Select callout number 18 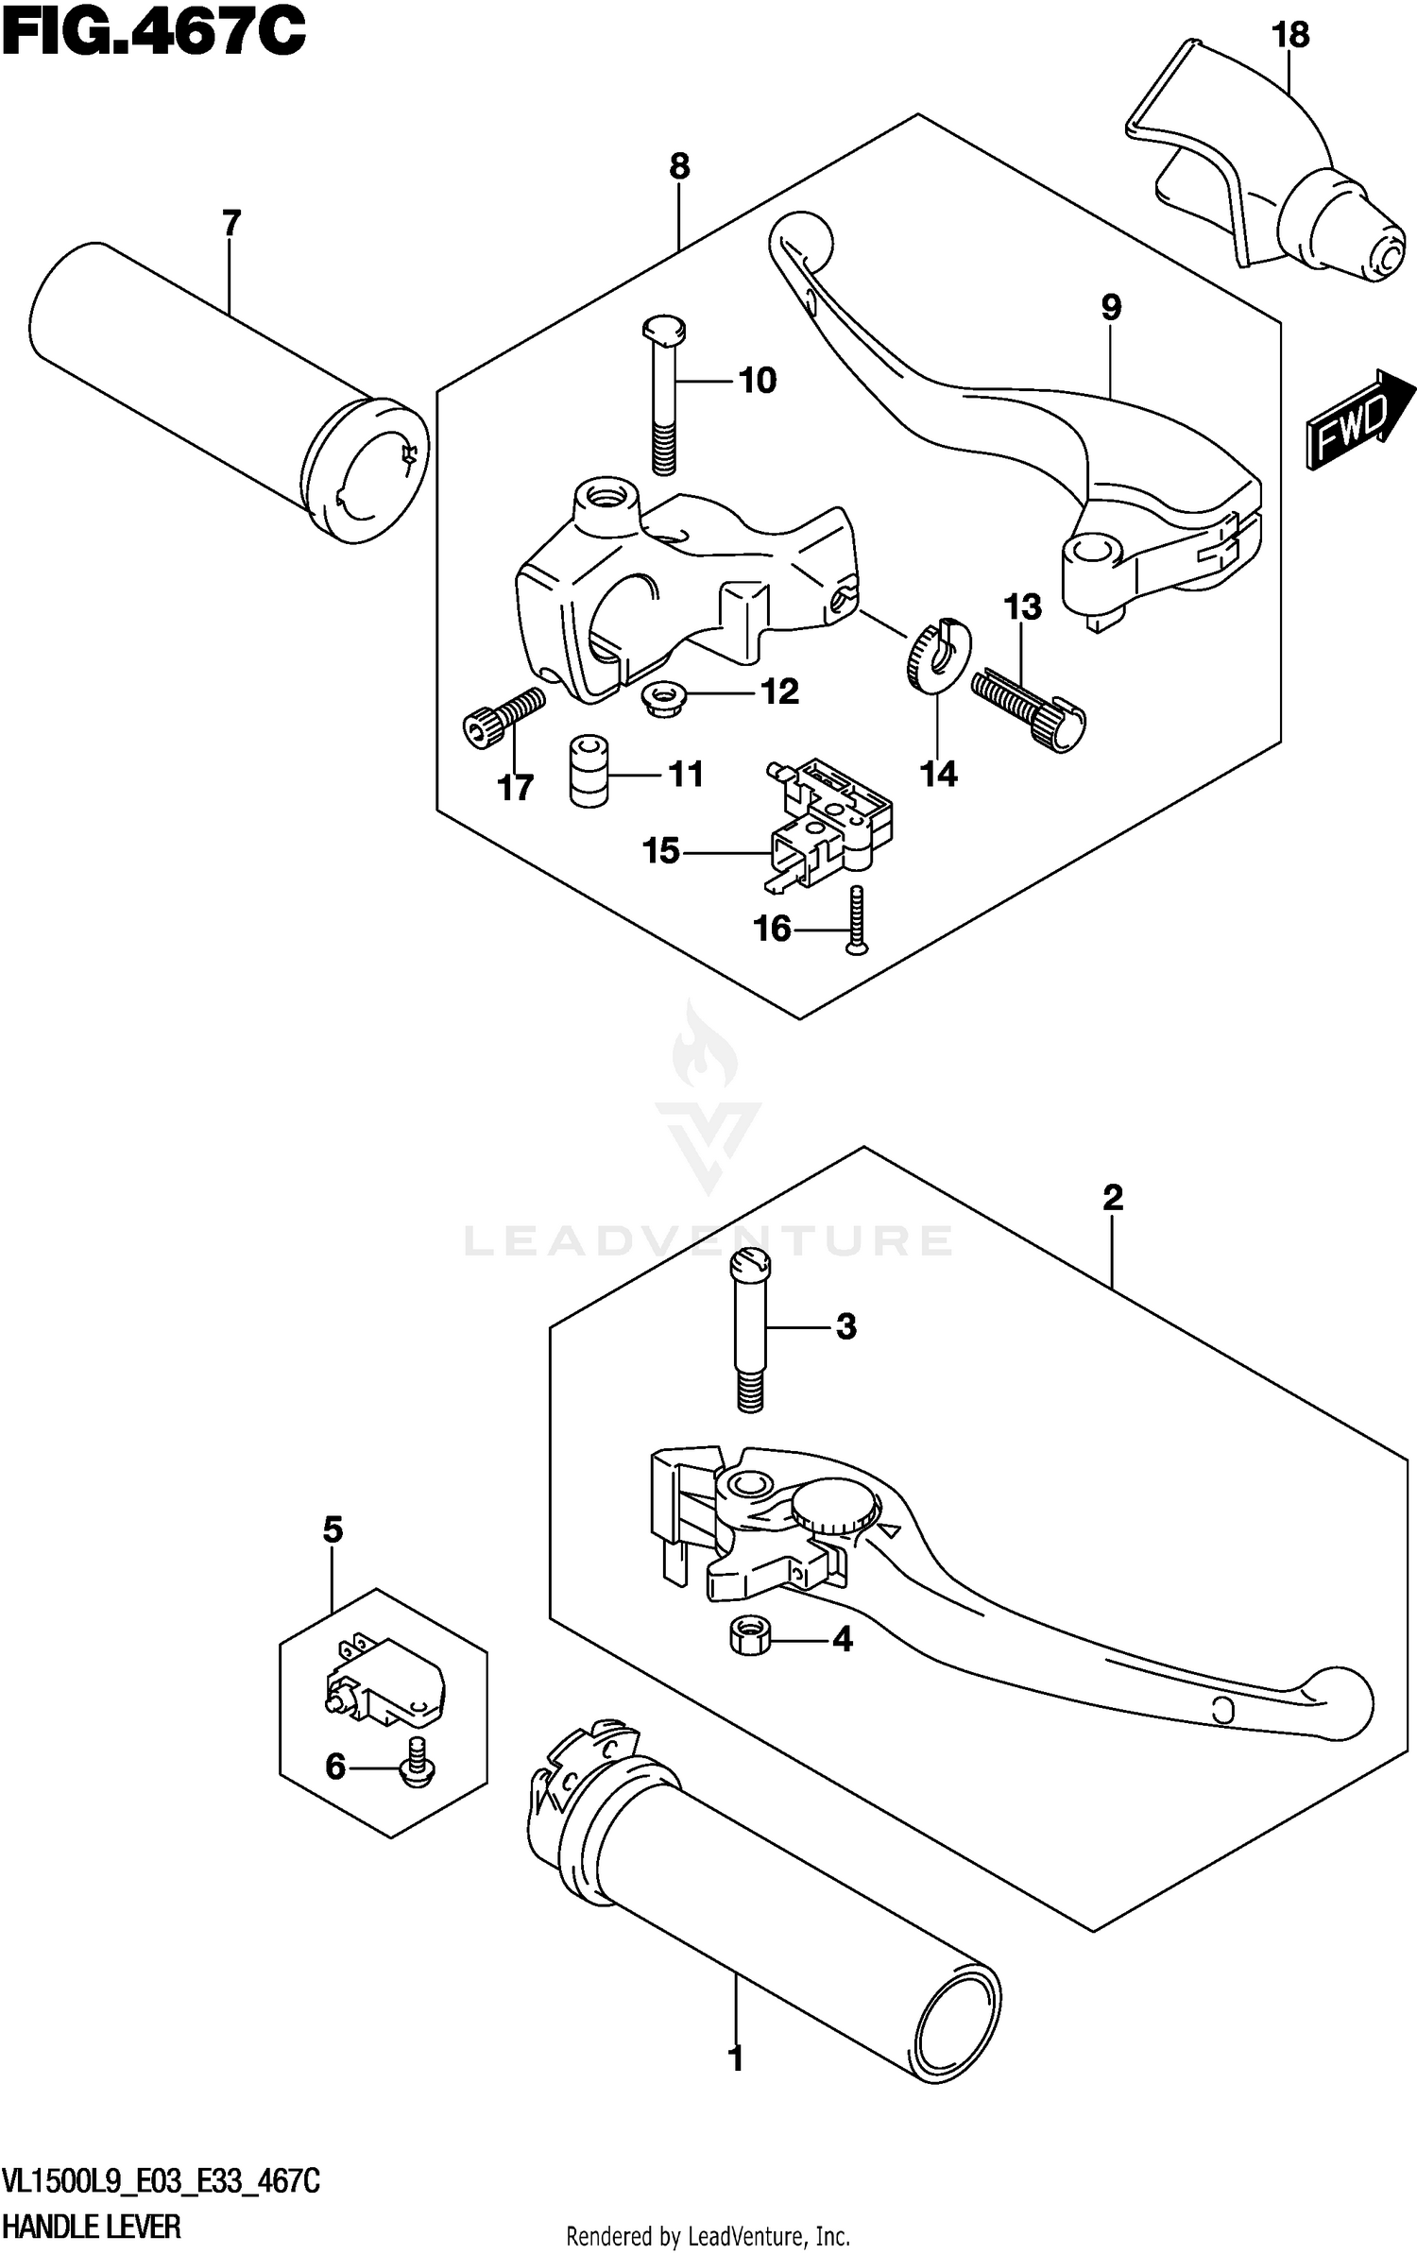[1289, 36]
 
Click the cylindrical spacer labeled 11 [588, 773]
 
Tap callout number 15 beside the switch [660, 851]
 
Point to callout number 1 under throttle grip [736, 2077]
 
